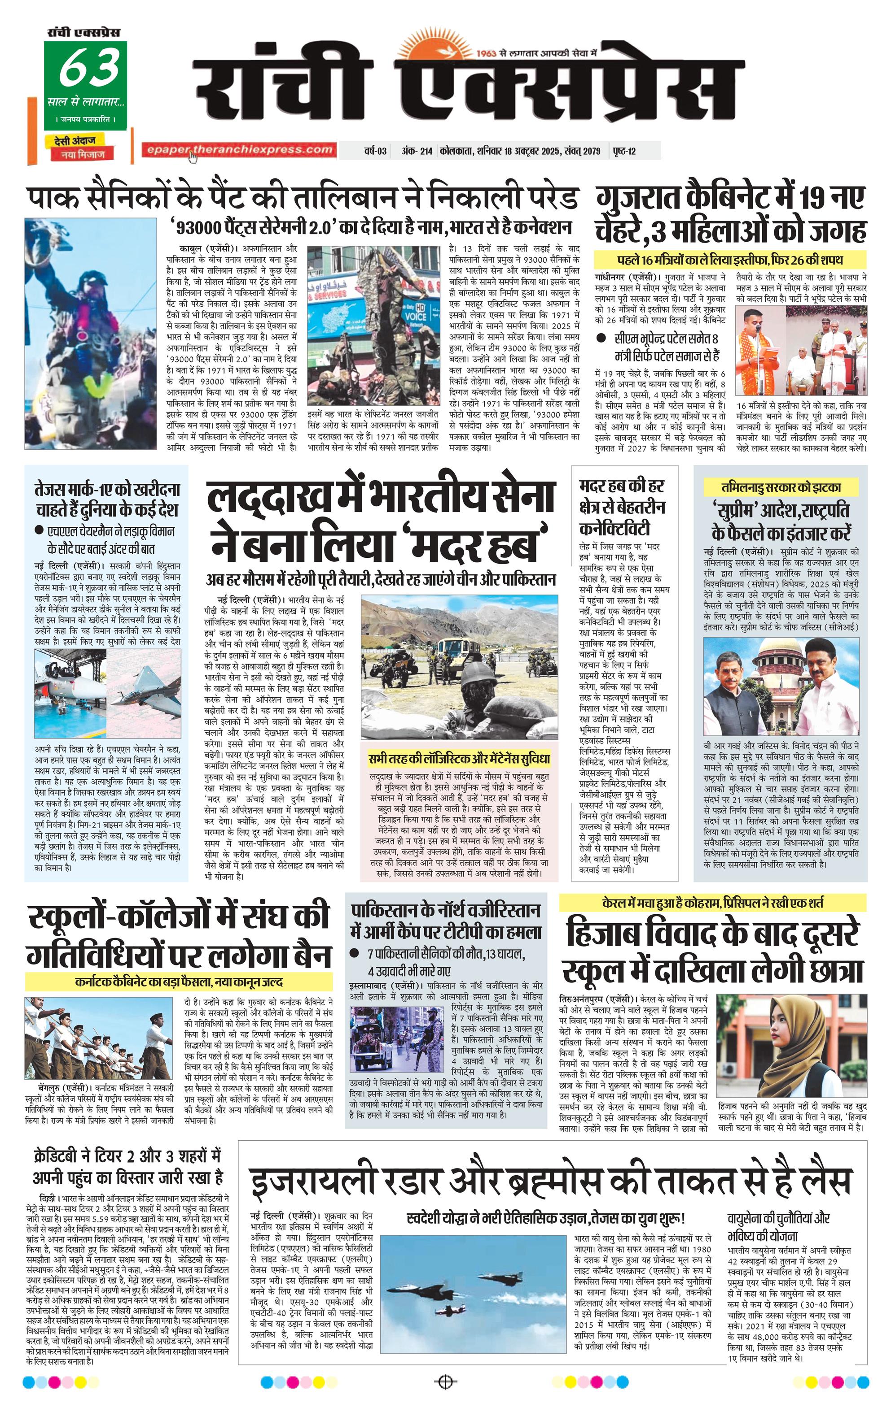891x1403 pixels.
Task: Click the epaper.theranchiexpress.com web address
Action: pos(239,150)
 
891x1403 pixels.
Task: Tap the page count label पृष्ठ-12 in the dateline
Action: pos(624,152)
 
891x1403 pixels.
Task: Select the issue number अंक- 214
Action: pos(417,152)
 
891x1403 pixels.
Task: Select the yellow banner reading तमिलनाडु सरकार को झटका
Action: pos(780,487)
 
